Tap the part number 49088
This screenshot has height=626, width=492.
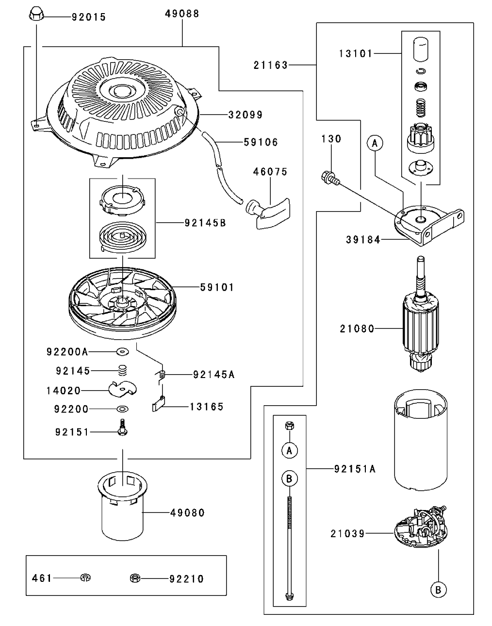pyautogui.click(x=182, y=14)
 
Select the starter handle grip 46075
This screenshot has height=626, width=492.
pyautogui.click(x=268, y=212)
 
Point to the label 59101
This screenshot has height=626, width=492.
pyautogui.click(x=217, y=288)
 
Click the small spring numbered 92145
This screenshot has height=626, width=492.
pyautogui.click(x=123, y=371)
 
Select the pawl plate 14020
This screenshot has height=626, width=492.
pyautogui.click(x=121, y=388)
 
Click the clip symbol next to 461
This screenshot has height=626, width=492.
pyautogui.click(x=86, y=577)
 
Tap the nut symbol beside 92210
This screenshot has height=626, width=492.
pyautogui.click(x=135, y=578)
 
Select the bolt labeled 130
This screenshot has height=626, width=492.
pyautogui.click(x=328, y=177)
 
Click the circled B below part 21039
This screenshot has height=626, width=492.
pyautogui.click(x=438, y=590)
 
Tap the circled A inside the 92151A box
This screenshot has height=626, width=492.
pyautogui.click(x=289, y=450)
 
